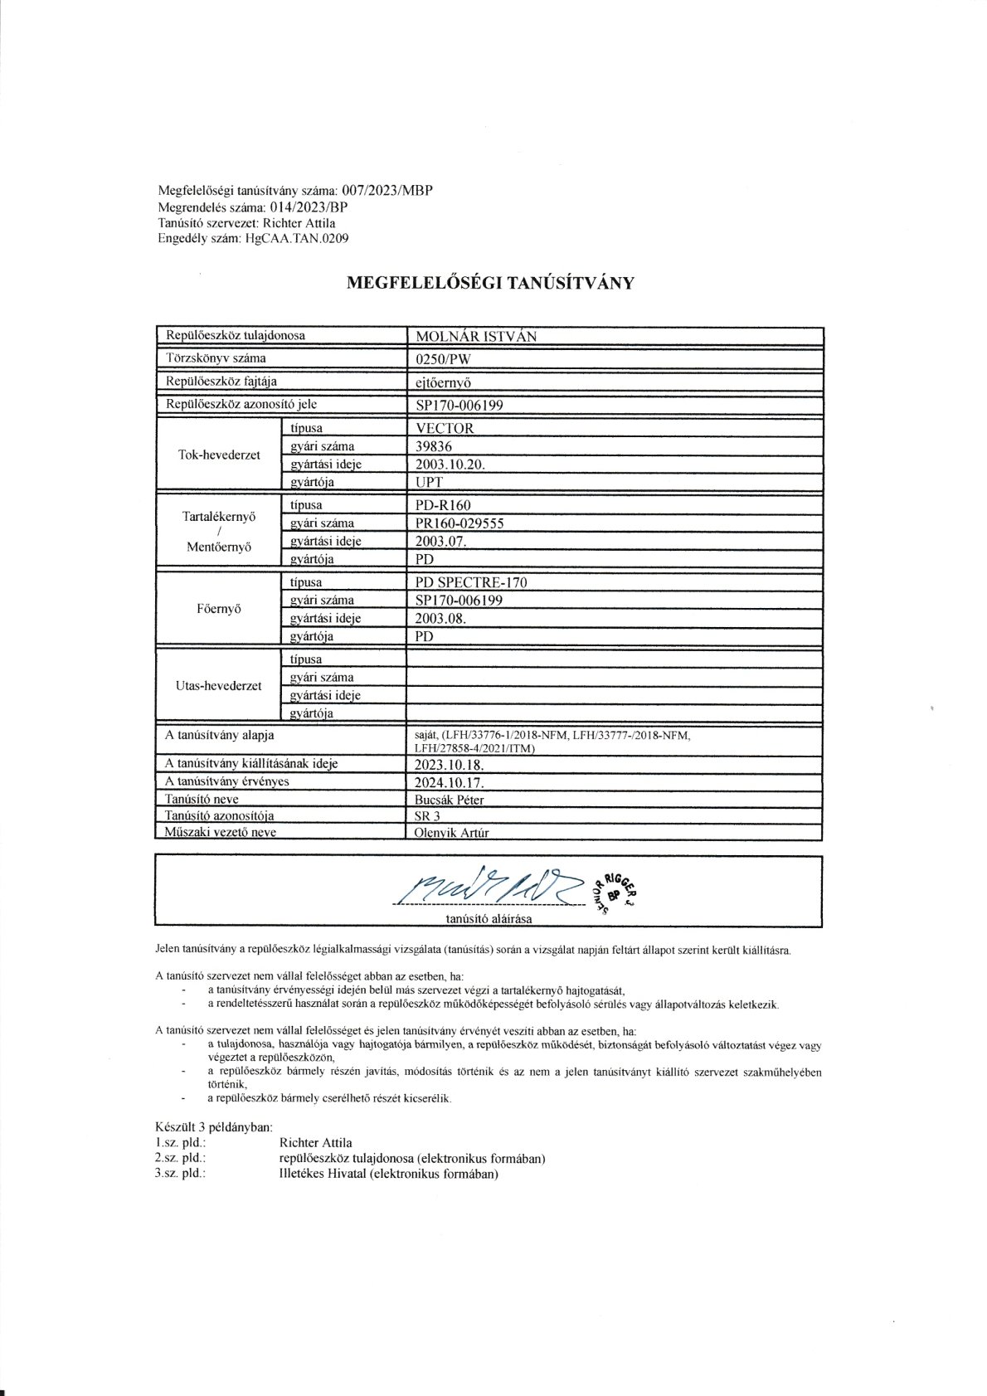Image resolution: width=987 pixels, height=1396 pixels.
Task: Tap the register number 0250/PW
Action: [x=435, y=359]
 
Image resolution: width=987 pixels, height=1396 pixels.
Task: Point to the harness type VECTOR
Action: [x=443, y=429]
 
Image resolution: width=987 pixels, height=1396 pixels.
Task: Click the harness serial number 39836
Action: [x=432, y=446]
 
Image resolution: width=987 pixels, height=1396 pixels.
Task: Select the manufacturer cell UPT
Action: [x=427, y=483]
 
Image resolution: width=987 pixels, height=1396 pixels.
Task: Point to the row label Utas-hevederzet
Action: [x=220, y=686]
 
